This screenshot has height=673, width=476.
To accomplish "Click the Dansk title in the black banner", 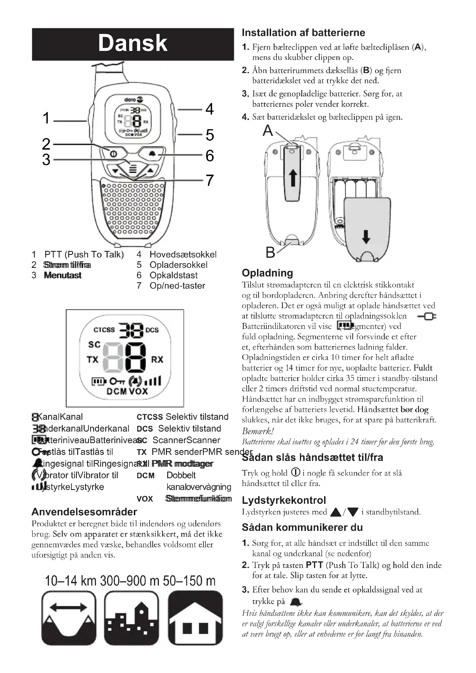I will click(x=132, y=43).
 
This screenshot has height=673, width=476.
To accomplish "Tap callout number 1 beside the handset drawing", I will click(x=46, y=118).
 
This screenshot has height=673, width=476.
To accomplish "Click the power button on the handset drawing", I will click(x=113, y=154).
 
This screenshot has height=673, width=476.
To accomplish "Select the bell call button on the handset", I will click(x=152, y=154).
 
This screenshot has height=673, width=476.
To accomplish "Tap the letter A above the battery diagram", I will click(x=268, y=130).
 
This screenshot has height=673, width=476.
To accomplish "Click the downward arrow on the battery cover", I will click(x=366, y=237).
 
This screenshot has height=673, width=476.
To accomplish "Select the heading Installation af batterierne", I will click(x=303, y=33).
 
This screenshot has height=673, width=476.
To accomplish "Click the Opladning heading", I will click(x=267, y=273).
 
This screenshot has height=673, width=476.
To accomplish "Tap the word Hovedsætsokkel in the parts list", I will click(x=183, y=254).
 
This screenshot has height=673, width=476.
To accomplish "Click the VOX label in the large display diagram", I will click(x=138, y=391).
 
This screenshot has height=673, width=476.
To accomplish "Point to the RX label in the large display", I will click(x=157, y=360).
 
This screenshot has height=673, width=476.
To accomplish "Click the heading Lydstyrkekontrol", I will click(x=284, y=500).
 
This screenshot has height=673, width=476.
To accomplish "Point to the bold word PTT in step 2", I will click(x=314, y=565).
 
